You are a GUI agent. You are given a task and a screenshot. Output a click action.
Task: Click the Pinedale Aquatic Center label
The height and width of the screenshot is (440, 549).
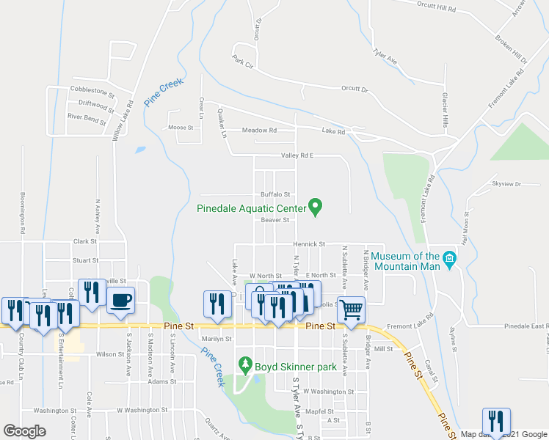click(x=250, y=208)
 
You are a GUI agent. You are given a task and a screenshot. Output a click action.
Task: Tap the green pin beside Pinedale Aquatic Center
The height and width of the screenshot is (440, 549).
click(x=316, y=208)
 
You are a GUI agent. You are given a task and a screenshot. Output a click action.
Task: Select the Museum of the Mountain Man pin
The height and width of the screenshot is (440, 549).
click(x=450, y=260)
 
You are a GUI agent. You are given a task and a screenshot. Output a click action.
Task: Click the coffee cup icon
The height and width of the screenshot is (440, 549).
click(x=120, y=299)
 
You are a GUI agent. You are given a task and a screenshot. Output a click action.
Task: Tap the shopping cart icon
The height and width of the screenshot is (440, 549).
click(x=352, y=309)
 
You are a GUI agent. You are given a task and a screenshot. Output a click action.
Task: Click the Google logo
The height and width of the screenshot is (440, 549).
click(x=24, y=431)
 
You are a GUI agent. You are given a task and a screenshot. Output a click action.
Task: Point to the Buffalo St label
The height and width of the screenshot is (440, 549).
click(x=276, y=194)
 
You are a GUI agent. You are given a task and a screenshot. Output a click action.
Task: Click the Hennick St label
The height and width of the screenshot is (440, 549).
click(x=309, y=243)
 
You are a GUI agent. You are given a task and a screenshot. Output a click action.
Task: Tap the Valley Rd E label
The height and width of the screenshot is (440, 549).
click(x=297, y=155)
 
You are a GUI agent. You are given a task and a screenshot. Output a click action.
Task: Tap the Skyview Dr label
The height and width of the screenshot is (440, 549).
click(x=506, y=184)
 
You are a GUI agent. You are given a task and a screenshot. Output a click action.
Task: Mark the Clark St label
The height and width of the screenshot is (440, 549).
click(x=85, y=241)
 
